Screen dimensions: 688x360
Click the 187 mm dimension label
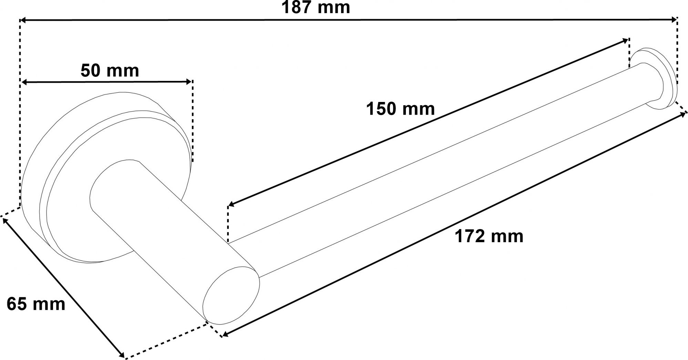(316, 7)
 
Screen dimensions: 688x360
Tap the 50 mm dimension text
(110, 71)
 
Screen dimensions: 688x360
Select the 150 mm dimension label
(400, 109)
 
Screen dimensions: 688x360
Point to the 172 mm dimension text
(489, 236)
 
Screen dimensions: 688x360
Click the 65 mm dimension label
(36, 304)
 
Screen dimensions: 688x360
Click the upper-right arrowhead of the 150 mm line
(625, 41)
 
